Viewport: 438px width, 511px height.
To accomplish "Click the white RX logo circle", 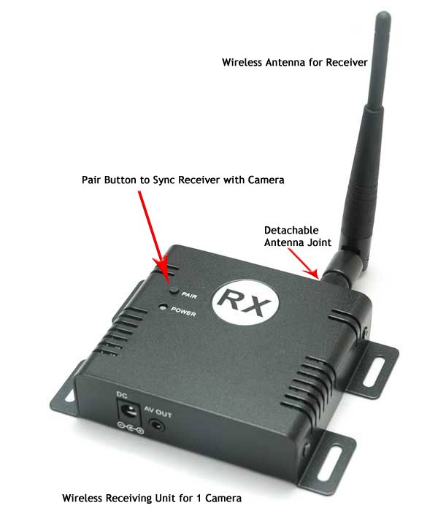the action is tap(246, 301).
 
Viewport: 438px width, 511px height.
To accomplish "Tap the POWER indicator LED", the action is tap(163, 307).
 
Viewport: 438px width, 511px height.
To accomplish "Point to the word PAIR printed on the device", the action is tap(189, 295).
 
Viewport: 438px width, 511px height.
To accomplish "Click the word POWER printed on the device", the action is tap(183, 312).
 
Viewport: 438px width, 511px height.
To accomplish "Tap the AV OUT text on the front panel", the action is tap(158, 412).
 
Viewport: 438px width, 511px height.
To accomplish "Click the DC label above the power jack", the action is tap(122, 395).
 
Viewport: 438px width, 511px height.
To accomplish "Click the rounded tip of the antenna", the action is tap(383, 16).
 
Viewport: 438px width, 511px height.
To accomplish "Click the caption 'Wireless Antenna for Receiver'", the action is tap(295, 62).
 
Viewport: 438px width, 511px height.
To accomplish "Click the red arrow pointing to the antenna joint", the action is tap(303, 264).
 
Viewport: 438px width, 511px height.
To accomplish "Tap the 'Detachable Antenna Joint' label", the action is tap(298, 237).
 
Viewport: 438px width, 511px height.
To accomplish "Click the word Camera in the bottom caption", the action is tap(223, 499).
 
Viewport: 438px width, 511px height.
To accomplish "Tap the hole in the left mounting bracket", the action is tap(69, 396).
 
